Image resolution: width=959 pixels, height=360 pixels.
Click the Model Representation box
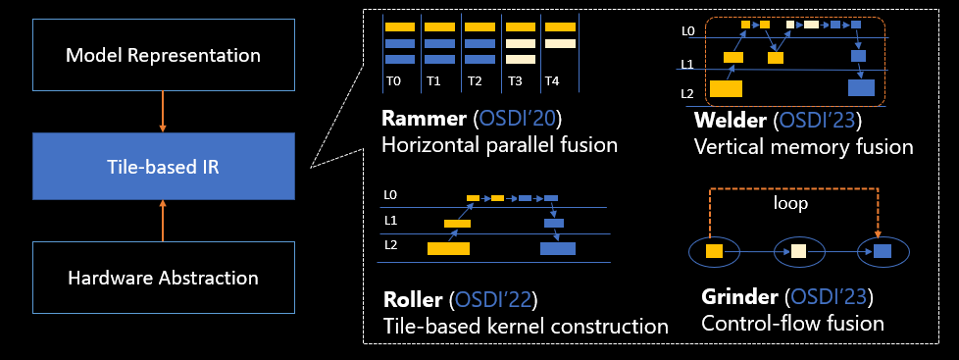pyautogui.click(x=163, y=55)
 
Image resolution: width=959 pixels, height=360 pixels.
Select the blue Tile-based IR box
pyautogui.click(x=163, y=166)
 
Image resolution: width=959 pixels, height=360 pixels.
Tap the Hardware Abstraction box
pyautogui.click(x=163, y=278)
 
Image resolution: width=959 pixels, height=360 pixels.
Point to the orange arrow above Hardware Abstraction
pyautogui.click(x=163, y=220)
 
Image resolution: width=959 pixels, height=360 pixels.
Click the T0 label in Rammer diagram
pyautogui.click(x=393, y=81)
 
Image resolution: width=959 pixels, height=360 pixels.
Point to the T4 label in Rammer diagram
pyautogui.click(x=552, y=81)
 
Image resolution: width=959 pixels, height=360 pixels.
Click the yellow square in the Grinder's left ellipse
pyautogui.click(x=714, y=252)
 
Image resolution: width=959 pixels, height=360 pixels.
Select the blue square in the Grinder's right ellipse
pyautogui.click(x=883, y=252)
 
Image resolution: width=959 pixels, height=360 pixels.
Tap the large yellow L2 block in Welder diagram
pyautogui.click(x=726, y=89)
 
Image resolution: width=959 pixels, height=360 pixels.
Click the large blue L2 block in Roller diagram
pyautogui.click(x=558, y=248)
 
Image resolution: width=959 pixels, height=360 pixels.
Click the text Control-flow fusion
pyautogui.click(x=793, y=323)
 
